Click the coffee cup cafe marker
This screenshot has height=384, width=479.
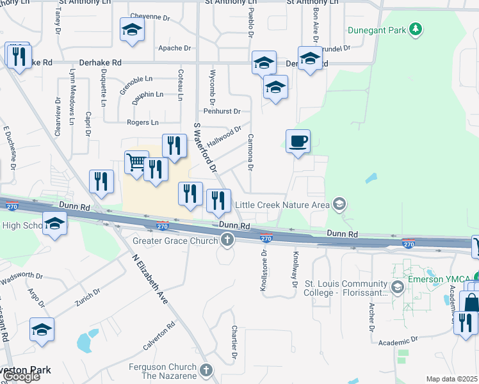pos(298,142)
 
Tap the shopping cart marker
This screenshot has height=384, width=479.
pos(136,163)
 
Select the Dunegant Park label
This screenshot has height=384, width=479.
pos(378,29)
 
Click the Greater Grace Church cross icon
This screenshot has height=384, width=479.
pos(227,241)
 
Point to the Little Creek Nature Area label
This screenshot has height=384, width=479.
pos(282,205)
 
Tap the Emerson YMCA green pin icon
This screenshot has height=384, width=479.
pos(398,285)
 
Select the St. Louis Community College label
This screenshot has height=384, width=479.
pos(345,289)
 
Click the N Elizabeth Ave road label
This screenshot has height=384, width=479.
pos(149,279)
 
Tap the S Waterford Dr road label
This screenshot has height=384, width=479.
pos(203,143)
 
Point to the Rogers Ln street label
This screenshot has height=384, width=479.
pos(143,122)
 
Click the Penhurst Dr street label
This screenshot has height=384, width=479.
pos(224,111)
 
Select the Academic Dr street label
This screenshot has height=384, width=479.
pos(398,340)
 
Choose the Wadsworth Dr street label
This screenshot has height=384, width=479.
pos(22,278)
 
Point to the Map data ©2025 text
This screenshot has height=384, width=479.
pos(451,379)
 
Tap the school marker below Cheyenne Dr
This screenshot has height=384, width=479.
pos(132,30)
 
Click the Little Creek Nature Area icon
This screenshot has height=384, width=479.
pos(339,205)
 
